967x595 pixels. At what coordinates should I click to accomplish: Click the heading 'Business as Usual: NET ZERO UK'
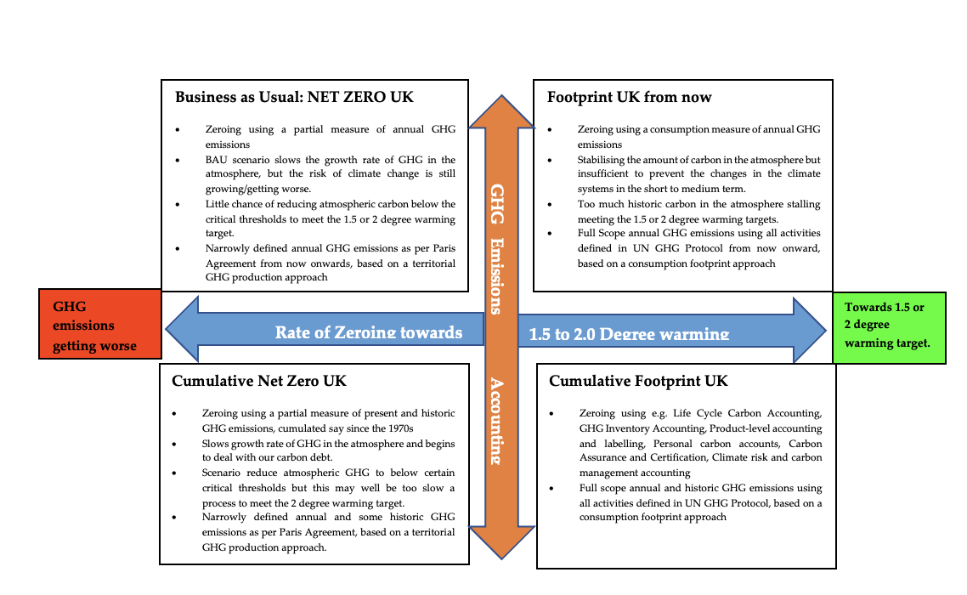(294, 97)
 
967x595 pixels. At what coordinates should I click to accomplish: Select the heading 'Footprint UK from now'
(630, 97)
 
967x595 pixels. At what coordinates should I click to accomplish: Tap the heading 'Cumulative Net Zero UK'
(259, 381)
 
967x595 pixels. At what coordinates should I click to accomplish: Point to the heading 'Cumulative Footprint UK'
(638, 381)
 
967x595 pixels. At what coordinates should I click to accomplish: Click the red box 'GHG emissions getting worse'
(100, 325)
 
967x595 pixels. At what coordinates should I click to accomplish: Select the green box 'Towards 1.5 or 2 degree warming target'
(888, 326)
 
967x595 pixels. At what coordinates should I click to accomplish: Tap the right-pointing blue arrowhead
(808, 329)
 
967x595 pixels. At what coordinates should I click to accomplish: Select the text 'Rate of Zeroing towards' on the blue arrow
(369, 332)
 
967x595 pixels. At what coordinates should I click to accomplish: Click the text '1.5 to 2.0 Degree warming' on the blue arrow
(629, 334)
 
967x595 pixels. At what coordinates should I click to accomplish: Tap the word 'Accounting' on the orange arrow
(495, 421)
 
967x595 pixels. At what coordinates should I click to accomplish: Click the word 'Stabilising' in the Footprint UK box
(602, 160)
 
